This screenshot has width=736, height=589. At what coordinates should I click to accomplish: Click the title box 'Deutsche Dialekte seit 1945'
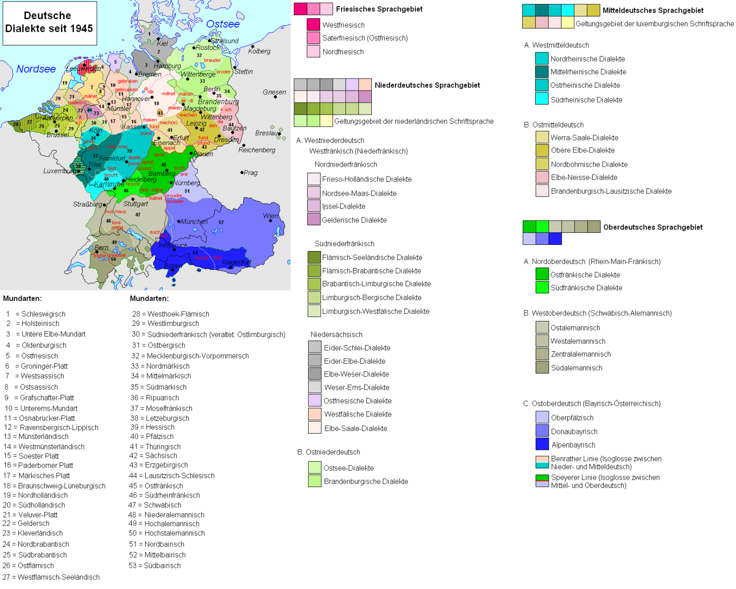pos(49,23)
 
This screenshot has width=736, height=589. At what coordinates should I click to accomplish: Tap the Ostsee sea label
pos(223,24)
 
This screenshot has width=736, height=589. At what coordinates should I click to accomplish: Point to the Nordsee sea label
pos(36,69)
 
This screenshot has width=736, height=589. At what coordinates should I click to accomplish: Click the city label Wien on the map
pos(270,216)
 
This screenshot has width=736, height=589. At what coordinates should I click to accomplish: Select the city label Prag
pos(250,173)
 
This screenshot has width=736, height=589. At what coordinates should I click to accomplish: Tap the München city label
pos(194,221)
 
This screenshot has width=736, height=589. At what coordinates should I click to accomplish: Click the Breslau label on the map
pos(267,133)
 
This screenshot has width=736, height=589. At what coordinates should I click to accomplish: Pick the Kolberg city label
pos(259,51)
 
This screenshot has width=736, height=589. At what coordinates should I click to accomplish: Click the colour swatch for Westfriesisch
pos(313,24)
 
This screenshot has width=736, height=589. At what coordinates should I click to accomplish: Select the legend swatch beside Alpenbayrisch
pos(542,444)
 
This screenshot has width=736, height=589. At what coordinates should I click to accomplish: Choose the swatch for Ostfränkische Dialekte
pos(542,274)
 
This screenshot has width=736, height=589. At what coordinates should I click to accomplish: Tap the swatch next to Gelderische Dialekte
pos(314,219)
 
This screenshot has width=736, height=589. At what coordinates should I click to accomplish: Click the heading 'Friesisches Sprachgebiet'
pos(379,9)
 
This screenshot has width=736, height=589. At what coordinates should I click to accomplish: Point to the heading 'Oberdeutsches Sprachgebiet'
pos(653,227)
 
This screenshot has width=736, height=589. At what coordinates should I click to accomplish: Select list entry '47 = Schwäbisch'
pos(155,505)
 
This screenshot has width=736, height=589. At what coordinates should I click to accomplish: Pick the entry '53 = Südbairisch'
pos(155,566)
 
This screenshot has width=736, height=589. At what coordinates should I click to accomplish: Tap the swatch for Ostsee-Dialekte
pos(314,467)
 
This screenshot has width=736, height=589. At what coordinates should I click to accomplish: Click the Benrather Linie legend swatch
pos(542,462)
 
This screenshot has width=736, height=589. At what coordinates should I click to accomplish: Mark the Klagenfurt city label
pos(236,262)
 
